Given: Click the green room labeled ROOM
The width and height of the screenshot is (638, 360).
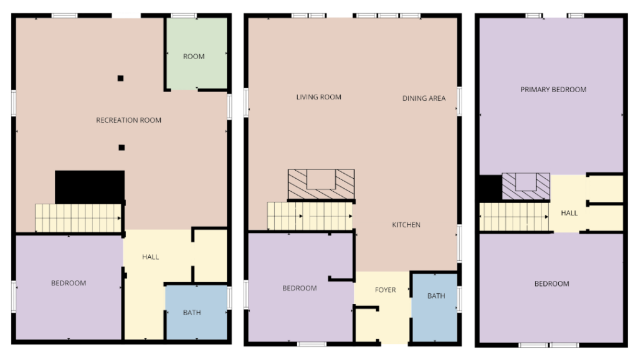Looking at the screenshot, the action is pyautogui.click(x=196, y=54).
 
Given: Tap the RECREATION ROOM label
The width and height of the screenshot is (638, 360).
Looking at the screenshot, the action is pyautogui.click(x=128, y=120).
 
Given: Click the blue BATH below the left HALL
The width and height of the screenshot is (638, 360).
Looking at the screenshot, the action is pyautogui.click(x=196, y=313).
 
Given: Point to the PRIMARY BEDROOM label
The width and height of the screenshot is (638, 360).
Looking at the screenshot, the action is pyautogui.click(x=553, y=90).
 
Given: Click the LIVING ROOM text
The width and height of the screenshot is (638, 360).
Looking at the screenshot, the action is pyautogui.click(x=318, y=97).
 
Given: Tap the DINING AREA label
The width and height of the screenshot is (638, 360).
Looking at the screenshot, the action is pyautogui.click(x=424, y=98).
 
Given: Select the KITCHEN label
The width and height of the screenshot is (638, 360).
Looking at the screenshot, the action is pyautogui.click(x=406, y=225).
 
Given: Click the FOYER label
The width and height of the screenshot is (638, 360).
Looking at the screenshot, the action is pyautogui.click(x=385, y=290).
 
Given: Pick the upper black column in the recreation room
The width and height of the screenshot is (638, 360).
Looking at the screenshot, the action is pyautogui.click(x=120, y=78).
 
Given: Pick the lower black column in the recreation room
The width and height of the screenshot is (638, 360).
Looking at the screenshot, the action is pyautogui.click(x=121, y=148).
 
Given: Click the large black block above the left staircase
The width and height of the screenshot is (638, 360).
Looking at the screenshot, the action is pyautogui.click(x=90, y=187).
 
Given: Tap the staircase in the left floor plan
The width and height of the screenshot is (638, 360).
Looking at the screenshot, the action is pyautogui.click(x=78, y=218).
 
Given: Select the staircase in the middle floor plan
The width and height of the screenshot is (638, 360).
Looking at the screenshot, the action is pyautogui.click(x=310, y=216).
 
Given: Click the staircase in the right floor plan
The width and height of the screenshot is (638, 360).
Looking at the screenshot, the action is pyautogui.click(x=514, y=217).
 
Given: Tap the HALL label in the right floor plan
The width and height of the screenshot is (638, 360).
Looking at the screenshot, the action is pyautogui.click(x=569, y=213).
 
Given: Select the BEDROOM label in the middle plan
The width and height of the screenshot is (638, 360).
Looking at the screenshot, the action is pyautogui.click(x=300, y=288).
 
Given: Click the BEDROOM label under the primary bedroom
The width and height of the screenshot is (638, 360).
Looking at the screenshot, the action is pyautogui.click(x=552, y=283).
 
